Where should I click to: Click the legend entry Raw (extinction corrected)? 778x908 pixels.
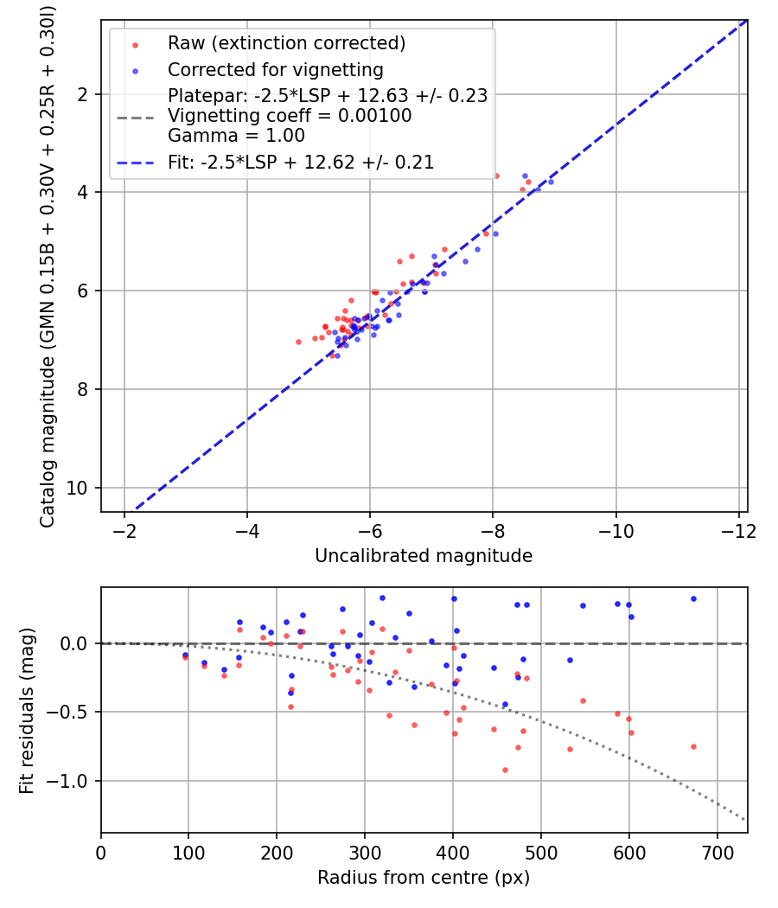286,43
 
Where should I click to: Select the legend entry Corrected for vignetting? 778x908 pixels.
275,69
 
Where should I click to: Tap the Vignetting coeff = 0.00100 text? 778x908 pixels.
289,116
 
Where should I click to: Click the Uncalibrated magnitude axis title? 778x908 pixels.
424,555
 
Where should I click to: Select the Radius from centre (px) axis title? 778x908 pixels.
424,878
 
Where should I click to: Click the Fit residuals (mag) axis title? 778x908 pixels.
27,711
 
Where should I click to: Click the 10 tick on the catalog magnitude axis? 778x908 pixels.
83,488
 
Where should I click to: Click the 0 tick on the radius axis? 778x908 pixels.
101,851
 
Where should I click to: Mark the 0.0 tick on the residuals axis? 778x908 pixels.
79,643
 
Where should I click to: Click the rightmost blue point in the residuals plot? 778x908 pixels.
693,598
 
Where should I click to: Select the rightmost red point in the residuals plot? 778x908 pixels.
693,746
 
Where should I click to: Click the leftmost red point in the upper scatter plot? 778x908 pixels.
299,342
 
